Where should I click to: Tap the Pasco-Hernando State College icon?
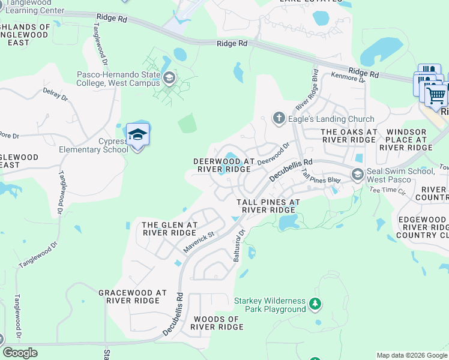(169, 77)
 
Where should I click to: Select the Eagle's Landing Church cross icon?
(278, 118)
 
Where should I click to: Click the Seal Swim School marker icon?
(357, 175)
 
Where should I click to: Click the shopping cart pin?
(436, 94)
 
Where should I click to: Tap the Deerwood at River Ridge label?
(224, 165)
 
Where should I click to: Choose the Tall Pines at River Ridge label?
(268, 206)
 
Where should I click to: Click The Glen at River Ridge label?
(169, 229)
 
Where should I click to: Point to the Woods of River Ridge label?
(217, 323)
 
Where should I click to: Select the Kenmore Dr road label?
(348, 78)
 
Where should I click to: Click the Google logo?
(20, 353)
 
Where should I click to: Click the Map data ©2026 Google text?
(411, 355)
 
